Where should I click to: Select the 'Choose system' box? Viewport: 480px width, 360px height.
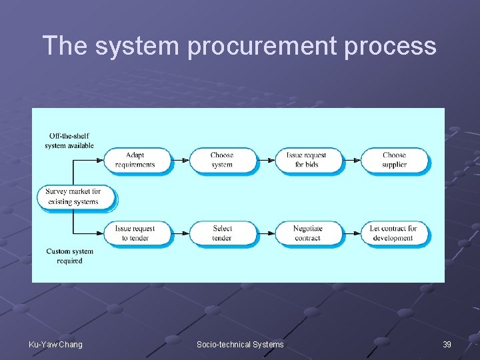tap(221, 160)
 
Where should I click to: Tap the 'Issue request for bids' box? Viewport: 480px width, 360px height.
tap(307, 160)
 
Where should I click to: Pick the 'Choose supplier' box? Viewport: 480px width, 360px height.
tap(394, 160)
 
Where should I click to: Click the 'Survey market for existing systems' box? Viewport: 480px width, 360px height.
tap(73, 197)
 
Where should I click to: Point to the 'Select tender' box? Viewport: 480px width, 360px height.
tap(221, 233)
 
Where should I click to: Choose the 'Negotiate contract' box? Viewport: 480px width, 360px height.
tap(307, 233)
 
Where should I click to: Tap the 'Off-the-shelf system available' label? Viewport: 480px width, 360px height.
tap(69, 141)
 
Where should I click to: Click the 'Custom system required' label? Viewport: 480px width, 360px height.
tap(69, 256)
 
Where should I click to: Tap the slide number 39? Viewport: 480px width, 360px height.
tap(447, 344)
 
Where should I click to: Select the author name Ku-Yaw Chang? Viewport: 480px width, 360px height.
tap(55, 344)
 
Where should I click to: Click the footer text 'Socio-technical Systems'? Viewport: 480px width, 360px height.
tap(240, 344)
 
